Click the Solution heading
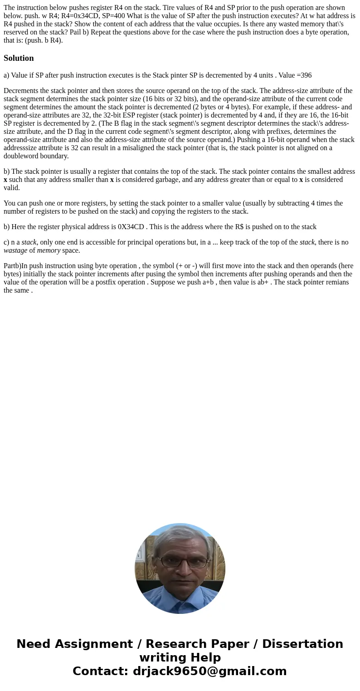pyautogui.click(x=19, y=58)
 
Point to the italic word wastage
pyautogui.click(x=15, y=250)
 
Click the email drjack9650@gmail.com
pyautogui.click(x=209, y=671)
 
